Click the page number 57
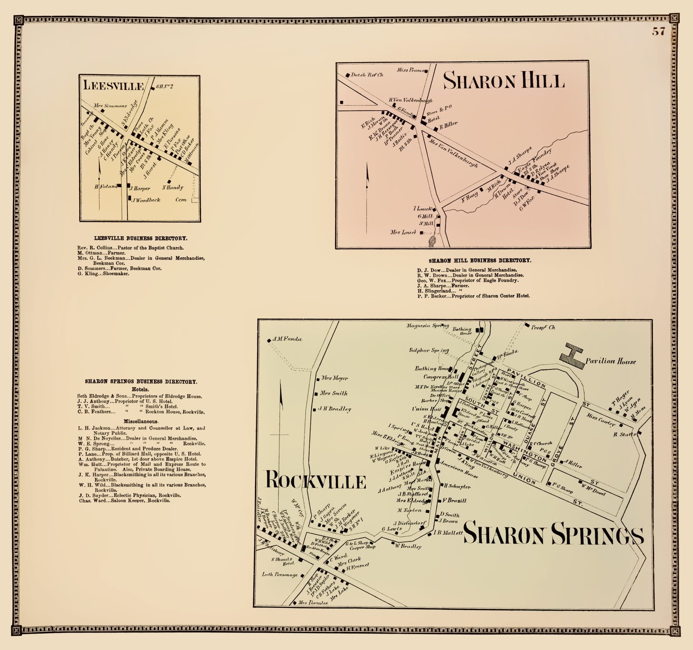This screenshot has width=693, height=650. point(658,32)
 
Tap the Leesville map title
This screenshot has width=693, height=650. point(113,86)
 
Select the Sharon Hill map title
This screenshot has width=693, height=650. point(503,81)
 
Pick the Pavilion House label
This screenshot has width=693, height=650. point(610,361)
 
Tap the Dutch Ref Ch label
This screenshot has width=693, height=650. point(367,75)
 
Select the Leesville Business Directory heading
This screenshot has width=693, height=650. point(140,238)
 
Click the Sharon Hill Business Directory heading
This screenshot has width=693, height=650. point(480,260)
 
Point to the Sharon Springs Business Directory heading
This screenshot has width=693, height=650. point(141,382)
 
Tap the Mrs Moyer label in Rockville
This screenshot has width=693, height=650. point(334,378)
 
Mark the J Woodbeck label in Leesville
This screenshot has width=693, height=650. point(146,200)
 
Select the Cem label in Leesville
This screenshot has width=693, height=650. point(181,200)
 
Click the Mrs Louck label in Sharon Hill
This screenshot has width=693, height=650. point(403,232)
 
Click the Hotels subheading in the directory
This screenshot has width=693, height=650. point(140,389)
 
